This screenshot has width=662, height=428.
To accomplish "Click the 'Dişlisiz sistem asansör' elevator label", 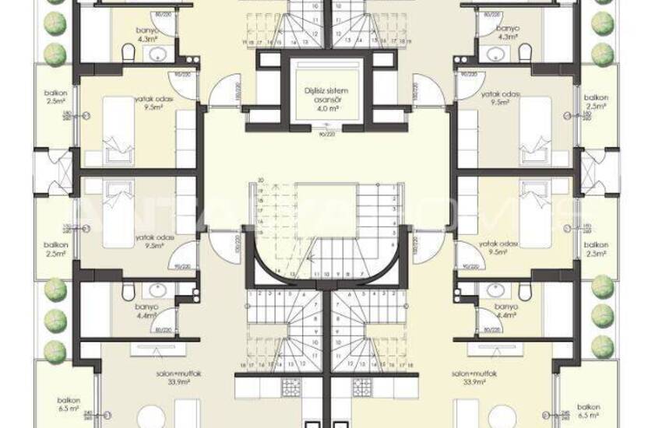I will coord(326,96).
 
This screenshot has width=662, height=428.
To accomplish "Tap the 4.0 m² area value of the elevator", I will coord(326,110).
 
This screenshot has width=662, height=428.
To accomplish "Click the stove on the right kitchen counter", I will coord(361,386).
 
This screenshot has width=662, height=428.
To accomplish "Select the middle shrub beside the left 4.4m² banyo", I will coord(55,318).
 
